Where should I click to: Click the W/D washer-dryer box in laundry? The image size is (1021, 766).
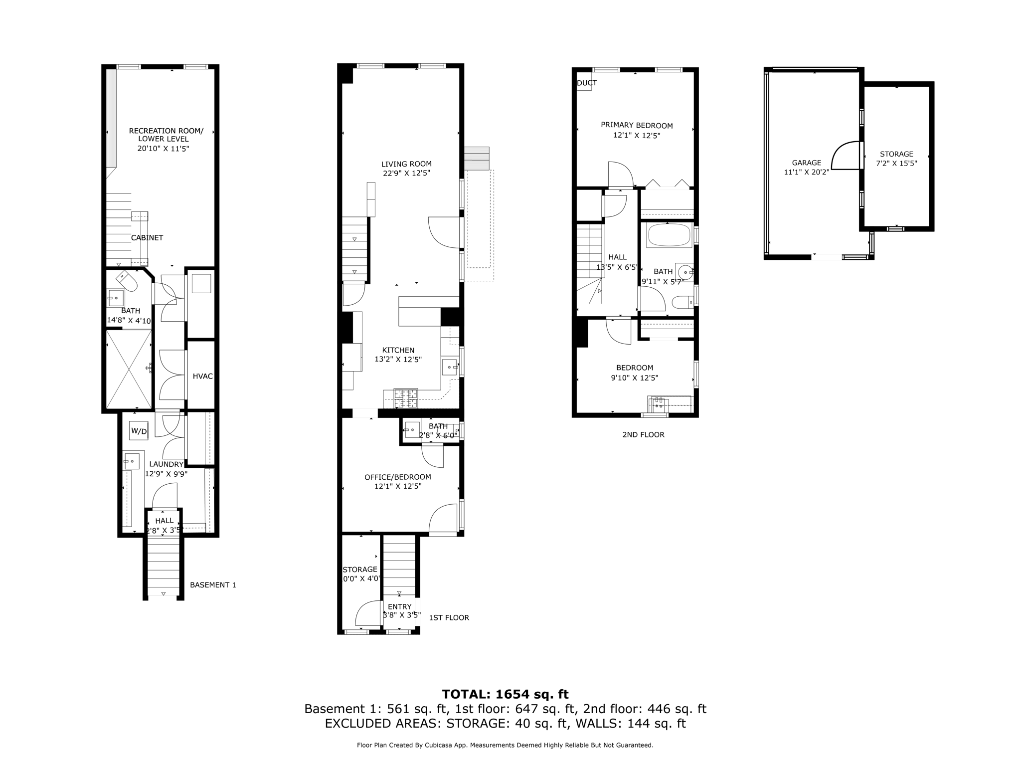(139, 431)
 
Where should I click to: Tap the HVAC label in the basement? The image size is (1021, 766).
(202, 376)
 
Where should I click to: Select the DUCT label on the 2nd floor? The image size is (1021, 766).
(587, 83)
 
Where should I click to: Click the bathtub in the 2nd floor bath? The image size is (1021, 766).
(669, 235)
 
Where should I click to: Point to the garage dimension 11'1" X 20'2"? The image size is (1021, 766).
(806, 172)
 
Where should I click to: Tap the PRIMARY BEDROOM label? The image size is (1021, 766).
(637, 125)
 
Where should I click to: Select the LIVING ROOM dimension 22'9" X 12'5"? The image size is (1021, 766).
(406, 173)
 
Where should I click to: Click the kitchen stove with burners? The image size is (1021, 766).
(406, 398)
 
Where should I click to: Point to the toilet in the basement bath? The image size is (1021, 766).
(128, 282)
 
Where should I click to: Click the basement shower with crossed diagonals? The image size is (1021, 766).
(129, 370)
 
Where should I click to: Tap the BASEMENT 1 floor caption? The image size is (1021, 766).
(213, 584)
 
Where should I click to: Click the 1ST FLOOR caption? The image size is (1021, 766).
(449, 617)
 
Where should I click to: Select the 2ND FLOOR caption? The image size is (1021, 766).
(643, 434)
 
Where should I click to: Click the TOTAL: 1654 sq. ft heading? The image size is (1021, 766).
(505, 694)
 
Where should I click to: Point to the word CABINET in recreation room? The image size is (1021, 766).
(147, 238)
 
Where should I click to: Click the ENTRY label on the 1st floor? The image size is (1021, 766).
(399, 606)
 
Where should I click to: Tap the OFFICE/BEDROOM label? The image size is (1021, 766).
(397, 477)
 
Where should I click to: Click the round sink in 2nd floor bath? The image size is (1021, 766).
(687, 272)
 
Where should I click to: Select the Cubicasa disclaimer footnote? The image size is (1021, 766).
(505, 745)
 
